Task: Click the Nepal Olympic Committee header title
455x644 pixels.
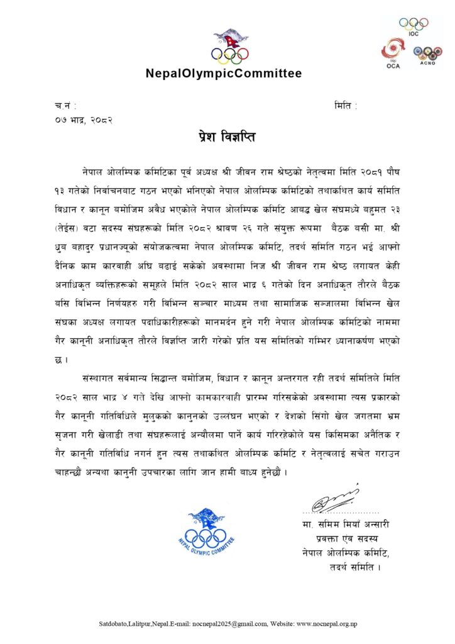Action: point(224,74)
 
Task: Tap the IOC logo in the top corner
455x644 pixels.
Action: point(413,25)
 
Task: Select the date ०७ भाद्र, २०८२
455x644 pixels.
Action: point(84,119)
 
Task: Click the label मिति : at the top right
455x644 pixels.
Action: point(346,106)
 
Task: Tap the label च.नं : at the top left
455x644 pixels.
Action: point(66,106)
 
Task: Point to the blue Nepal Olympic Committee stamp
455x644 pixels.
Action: point(206,532)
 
